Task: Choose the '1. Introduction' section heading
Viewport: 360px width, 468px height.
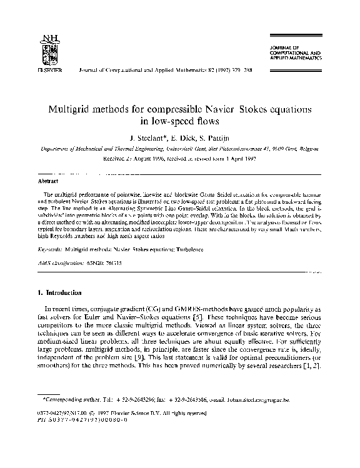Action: point(60,292)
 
